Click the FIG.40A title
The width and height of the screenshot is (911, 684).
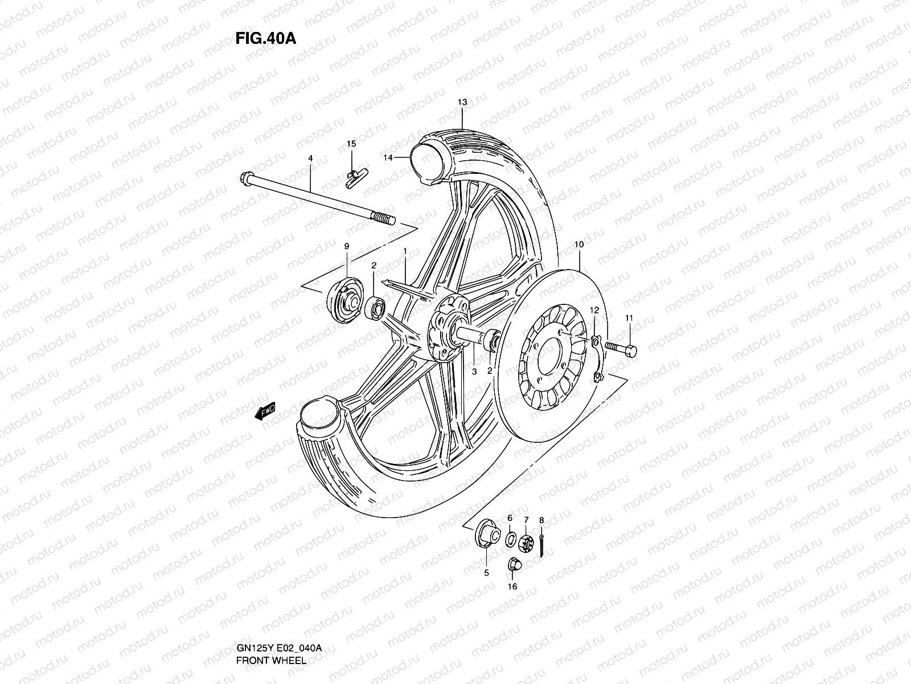point(265,38)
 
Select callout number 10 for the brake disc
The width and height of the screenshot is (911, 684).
point(579,245)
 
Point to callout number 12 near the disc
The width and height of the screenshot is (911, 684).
point(594,311)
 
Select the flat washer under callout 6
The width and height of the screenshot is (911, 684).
point(511,538)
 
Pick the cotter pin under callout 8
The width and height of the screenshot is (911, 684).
point(543,545)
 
